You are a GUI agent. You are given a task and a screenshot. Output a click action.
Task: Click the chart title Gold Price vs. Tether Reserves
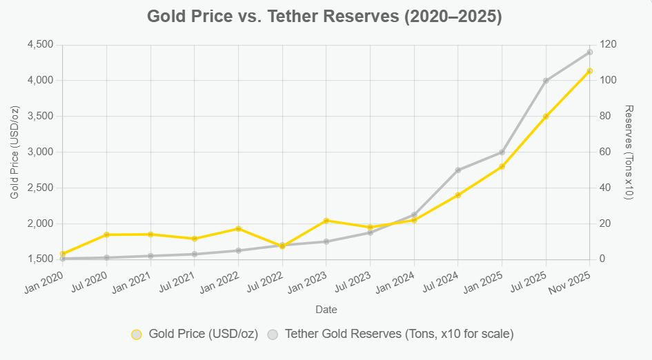[x=325, y=17]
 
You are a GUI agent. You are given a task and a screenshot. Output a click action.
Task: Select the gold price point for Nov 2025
[x=590, y=71]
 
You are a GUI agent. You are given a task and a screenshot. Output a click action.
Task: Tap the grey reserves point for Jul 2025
[x=546, y=81]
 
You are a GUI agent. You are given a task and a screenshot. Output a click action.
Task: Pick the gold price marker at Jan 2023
[x=326, y=221]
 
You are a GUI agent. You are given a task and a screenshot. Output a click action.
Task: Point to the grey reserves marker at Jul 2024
[x=458, y=170]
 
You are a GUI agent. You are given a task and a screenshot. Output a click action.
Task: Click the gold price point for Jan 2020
[x=63, y=254]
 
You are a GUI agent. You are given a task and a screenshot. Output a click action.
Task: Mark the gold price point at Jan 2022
[x=239, y=228]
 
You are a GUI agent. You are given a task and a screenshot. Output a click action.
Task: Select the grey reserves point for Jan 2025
[x=502, y=152]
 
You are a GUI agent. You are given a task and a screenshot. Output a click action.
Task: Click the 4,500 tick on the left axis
[x=40, y=45]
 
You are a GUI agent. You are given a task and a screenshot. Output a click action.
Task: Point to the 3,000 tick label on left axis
[x=40, y=152]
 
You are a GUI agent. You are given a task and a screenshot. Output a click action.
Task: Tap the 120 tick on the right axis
[x=609, y=45]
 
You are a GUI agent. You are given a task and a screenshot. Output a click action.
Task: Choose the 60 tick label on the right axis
[x=606, y=152]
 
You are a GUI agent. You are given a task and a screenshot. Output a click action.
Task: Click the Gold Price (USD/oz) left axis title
[x=15, y=152]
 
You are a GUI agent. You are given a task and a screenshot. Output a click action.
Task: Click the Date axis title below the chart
[x=326, y=310]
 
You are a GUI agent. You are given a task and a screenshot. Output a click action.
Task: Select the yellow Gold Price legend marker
[x=137, y=334]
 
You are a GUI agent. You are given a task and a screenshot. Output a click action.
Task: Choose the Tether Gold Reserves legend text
[x=399, y=334]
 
